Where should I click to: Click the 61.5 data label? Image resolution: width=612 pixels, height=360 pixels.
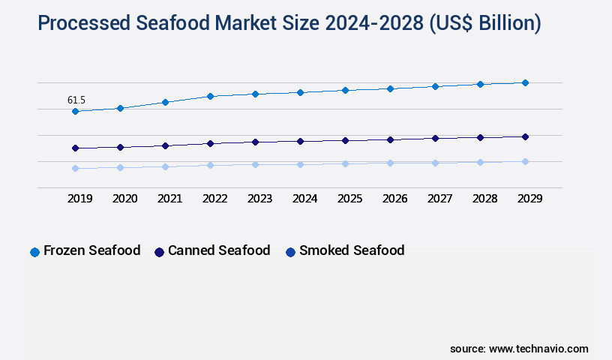pos(76,100)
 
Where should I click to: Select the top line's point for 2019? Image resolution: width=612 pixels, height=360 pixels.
pos(75,112)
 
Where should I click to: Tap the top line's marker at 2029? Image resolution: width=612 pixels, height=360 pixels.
pos(525,82)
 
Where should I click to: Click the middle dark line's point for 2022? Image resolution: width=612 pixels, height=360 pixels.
pos(210,143)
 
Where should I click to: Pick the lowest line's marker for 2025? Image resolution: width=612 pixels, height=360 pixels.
pos(345,163)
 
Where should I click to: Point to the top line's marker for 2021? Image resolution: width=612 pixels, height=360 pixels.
pos(165,102)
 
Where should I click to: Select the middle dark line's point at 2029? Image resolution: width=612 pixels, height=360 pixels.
pos(525,136)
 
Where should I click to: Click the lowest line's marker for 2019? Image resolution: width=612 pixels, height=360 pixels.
pos(75,168)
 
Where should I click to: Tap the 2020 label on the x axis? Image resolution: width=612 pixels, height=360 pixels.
pos(124,199)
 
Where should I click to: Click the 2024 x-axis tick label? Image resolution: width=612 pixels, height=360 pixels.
pos(304,199)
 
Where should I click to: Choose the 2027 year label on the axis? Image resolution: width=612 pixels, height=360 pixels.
pos(439,199)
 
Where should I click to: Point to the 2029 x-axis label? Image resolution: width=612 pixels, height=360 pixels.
pos(529,199)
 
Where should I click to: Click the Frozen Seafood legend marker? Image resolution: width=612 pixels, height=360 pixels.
pos(34,252)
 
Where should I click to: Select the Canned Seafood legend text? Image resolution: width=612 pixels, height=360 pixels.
pos(219,250)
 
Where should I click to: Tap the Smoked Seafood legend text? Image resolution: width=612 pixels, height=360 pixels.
pos(352,250)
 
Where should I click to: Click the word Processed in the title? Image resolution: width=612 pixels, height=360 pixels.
pos(85,23)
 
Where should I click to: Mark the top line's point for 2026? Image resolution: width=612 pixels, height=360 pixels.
pos(390,88)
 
